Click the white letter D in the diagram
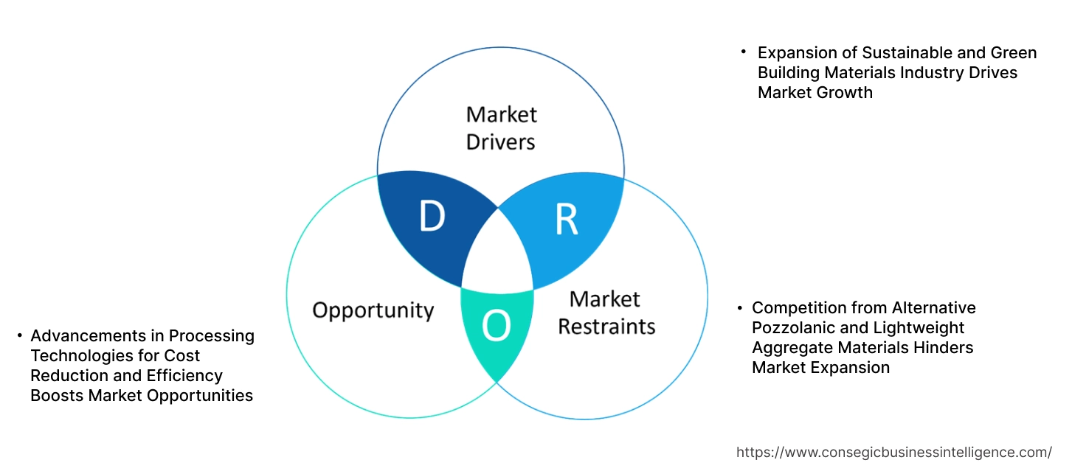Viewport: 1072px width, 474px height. click(x=432, y=216)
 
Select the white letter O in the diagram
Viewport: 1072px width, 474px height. click(x=496, y=327)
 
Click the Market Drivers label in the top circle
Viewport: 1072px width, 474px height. click(x=501, y=128)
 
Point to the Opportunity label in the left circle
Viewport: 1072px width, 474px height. click(x=373, y=310)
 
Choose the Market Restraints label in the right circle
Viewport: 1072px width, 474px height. click(x=606, y=313)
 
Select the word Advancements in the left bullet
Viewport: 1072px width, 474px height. click(x=85, y=336)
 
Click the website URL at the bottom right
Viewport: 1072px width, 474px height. click(x=894, y=452)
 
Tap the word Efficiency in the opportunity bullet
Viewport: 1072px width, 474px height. click(x=184, y=376)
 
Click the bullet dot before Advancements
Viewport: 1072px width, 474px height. click(x=20, y=336)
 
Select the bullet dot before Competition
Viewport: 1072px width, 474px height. click(x=740, y=307)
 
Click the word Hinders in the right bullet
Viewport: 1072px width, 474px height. click(x=945, y=347)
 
